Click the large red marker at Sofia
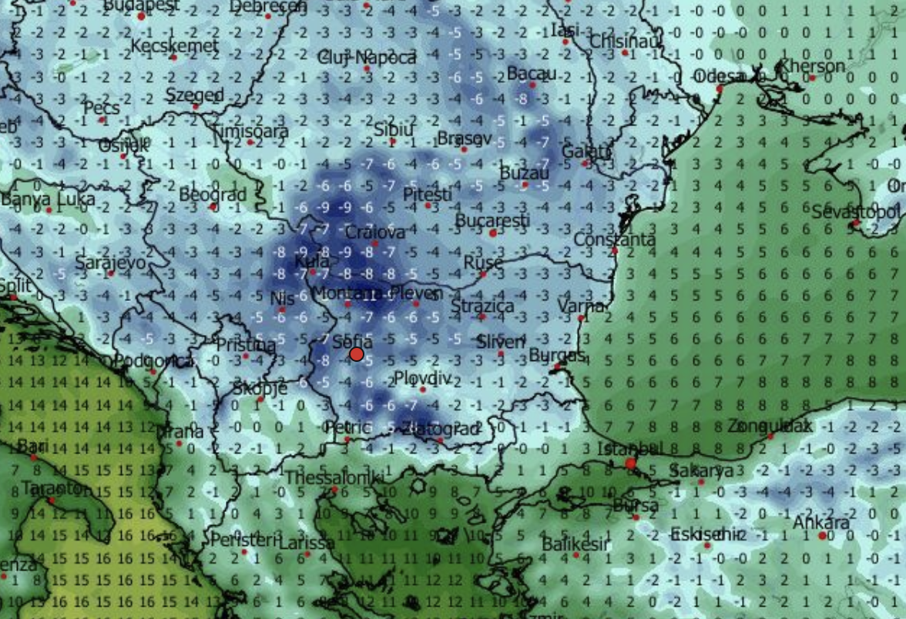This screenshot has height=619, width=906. (x=357, y=353)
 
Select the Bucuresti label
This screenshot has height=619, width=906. (x=493, y=221)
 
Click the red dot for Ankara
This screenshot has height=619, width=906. (x=822, y=535)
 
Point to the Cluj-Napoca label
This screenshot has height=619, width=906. (x=367, y=58)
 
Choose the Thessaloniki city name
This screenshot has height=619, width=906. (x=334, y=479)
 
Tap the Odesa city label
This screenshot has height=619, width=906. (x=718, y=76)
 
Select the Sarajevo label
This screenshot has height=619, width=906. (x=110, y=263)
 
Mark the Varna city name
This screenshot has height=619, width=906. (x=580, y=306)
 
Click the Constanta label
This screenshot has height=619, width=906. (x=614, y=239)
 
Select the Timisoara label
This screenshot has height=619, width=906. (x=251, y=131)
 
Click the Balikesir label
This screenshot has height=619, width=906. (x=575, y=544)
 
